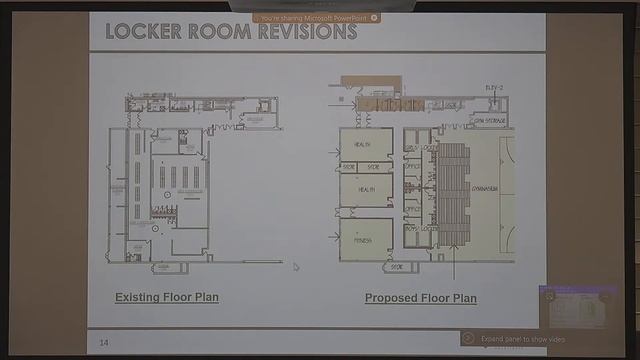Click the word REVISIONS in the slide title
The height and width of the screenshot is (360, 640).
pos(307,31)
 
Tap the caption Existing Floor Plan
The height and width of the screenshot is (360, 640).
pos(167,297)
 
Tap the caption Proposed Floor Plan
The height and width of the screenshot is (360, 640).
pos(420,298)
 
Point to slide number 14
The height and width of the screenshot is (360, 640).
pos(103,343)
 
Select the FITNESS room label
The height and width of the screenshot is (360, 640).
pos(365,241)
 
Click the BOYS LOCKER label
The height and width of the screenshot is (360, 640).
pos(421,230)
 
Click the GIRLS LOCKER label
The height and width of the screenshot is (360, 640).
pos(421,147)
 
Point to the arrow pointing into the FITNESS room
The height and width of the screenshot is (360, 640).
pos(332,238)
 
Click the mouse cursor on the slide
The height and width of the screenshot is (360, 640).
pos(295,266)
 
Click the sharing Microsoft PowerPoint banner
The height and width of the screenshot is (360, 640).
pos(316,17)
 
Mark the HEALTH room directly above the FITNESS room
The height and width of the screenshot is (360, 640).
pos(365,189)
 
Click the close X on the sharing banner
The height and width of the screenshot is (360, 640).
pos(374,17)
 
